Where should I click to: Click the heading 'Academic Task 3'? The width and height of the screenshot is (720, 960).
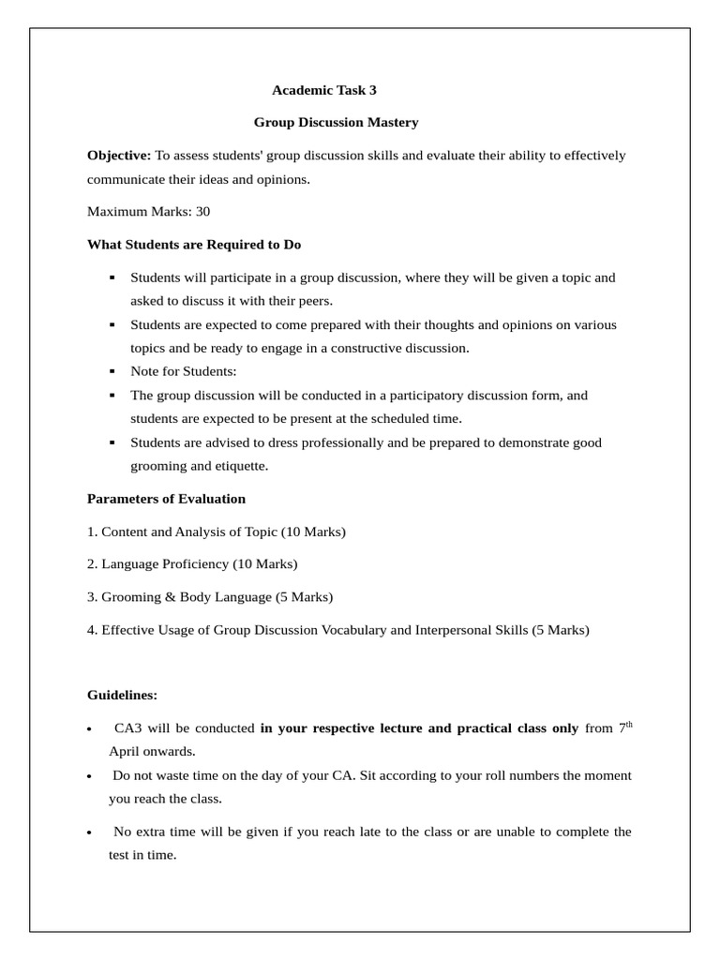[323, 91]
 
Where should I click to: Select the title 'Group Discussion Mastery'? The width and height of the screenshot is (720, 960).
[336, 123]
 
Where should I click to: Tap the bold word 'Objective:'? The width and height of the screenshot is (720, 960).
[119, 156]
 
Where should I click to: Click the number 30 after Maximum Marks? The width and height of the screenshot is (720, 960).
[202, 212]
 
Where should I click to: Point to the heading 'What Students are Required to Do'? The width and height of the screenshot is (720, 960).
[194, 245]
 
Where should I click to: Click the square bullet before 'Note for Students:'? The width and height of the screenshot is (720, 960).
[112, 372]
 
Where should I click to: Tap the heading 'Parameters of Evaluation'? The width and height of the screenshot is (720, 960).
[166, 499]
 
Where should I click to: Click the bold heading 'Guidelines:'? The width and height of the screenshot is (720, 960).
[122, 696]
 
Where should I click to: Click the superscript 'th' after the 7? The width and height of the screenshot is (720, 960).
[629, 725]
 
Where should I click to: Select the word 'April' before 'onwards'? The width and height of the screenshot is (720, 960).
[124, 752]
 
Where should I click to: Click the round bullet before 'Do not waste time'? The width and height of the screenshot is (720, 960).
[89, 777]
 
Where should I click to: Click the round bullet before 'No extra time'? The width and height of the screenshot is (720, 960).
[89, 833]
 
